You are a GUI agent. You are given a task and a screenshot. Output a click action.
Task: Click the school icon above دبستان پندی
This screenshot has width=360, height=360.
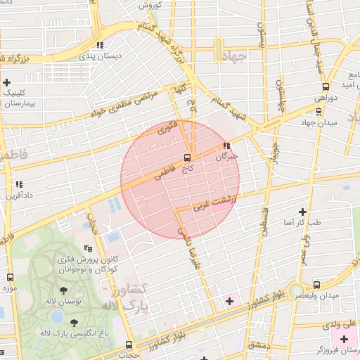[100, 44]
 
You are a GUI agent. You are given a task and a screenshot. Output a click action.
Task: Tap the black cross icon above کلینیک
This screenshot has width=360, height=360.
[6, 82]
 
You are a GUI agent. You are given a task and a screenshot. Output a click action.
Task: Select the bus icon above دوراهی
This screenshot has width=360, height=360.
[326, 86]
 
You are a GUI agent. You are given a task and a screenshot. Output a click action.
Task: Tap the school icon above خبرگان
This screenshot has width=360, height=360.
[226, 146]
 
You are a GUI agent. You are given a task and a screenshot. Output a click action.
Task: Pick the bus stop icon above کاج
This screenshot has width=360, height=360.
[187, 157]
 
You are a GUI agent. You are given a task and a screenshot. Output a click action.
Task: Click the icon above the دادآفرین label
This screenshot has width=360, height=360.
[19, 185]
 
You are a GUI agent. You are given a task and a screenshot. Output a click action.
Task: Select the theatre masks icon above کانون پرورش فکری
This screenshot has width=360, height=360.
[88, 247]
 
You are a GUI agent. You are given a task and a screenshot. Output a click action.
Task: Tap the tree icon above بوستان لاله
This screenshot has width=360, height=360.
[64, 290]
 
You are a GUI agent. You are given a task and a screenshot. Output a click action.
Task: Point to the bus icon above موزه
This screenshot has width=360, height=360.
[10, 276]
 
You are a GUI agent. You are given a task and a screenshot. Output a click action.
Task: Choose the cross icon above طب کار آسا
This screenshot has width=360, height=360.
[303, 211]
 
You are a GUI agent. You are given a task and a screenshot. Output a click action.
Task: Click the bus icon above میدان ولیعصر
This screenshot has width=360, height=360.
[316, 285]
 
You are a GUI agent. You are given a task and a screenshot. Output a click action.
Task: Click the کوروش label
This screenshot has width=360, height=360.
[150, 6]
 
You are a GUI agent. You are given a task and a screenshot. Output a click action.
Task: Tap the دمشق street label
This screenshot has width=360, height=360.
[257, 346]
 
